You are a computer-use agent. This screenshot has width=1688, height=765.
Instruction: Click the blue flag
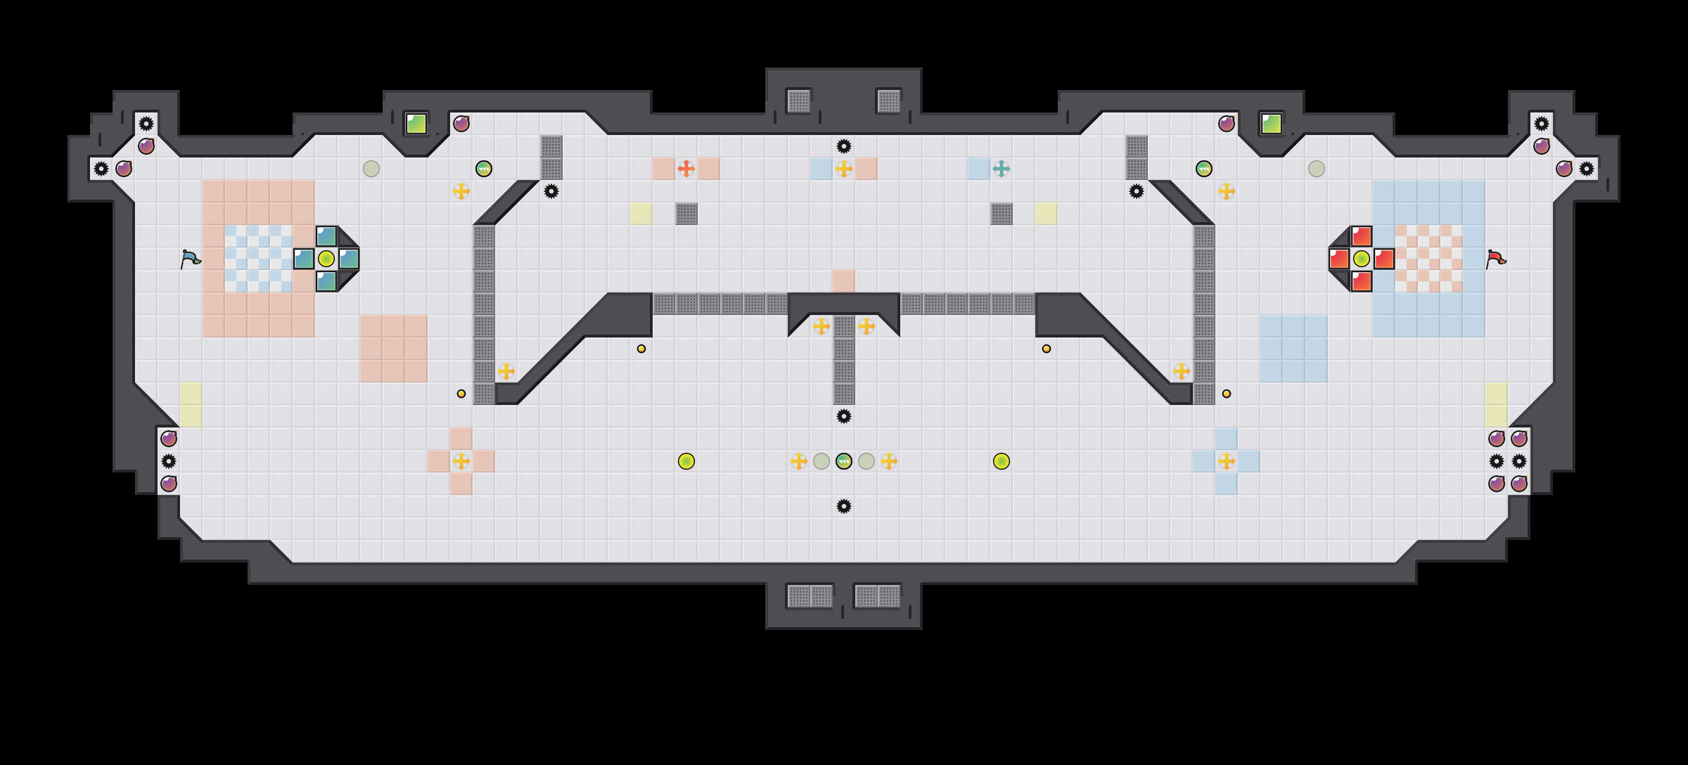point(190,259)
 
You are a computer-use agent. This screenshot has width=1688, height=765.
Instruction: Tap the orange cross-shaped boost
point(686,169)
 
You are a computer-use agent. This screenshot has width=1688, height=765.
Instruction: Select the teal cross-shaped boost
point(1002,169)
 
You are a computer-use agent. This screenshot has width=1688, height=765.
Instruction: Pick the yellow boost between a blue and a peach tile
point(844,169)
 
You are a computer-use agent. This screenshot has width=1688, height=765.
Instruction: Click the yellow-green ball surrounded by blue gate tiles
point(326,259)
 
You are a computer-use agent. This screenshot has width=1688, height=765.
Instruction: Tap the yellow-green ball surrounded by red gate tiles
point(1361,259)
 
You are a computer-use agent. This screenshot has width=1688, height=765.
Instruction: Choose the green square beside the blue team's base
point(416,123)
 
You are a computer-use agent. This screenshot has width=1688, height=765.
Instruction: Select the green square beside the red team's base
point(1271,123)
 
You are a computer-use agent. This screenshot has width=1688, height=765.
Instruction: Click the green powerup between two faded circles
point(844,461)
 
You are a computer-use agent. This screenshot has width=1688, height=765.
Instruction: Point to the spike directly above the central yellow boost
point(844,146)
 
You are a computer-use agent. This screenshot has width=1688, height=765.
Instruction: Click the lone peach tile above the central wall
point(844,281)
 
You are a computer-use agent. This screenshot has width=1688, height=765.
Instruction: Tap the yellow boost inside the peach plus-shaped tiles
point(461,461)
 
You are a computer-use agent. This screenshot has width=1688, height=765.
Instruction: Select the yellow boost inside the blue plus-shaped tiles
point(1226,461)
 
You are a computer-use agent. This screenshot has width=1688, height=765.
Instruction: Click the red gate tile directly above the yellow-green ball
point(1361,236)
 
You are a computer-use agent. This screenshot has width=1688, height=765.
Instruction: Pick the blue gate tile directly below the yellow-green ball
point(326,282)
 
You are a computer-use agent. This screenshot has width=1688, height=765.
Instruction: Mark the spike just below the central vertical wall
point(844,416)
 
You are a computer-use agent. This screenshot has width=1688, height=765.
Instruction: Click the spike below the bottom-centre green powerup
point(844,506)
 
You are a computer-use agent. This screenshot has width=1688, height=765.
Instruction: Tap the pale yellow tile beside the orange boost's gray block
point(641,214)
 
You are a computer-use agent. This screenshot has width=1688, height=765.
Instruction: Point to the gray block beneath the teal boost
point(1002,214)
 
